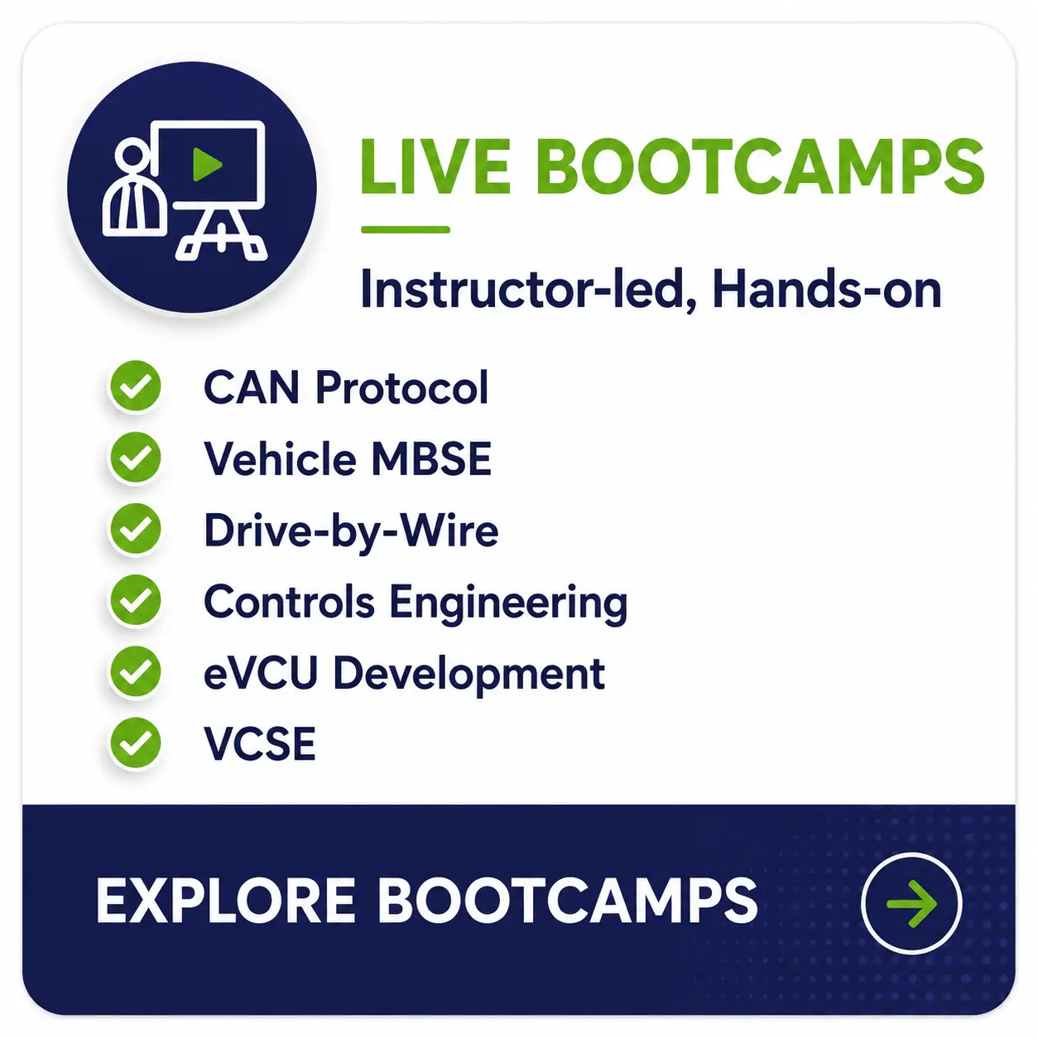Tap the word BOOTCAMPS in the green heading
[761, 166]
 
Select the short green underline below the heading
[405, 229]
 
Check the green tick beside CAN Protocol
[135, 387]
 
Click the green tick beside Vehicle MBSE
[135, 458]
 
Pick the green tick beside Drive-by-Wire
[135, 529]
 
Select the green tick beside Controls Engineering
[135, 600]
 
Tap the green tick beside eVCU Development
[135, 671]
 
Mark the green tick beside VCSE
[135, 743]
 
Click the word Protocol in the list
[401, 387]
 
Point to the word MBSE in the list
[431, 459]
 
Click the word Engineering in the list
[508, 603]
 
